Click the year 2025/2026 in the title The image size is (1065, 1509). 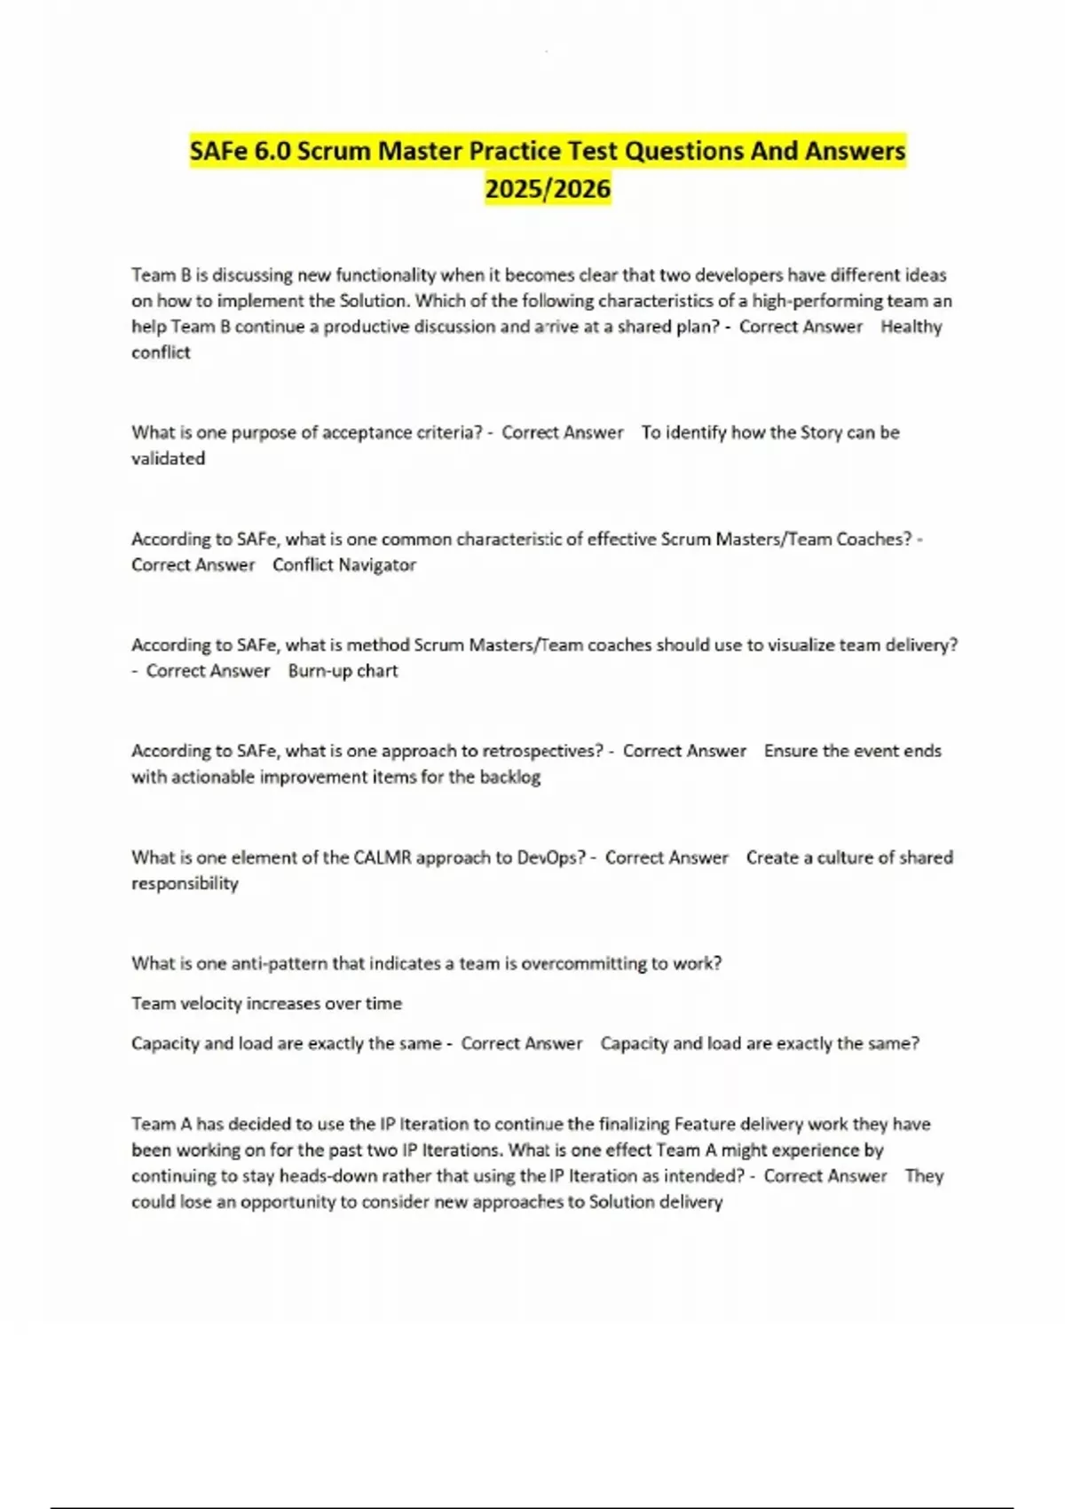(x=548, y=188)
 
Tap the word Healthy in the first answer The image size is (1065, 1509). (x=911, y=327)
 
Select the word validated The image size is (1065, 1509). (x=168, y=458)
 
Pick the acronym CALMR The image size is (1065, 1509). (x=382, y=857)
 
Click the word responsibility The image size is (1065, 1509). (x=185, y=883)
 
